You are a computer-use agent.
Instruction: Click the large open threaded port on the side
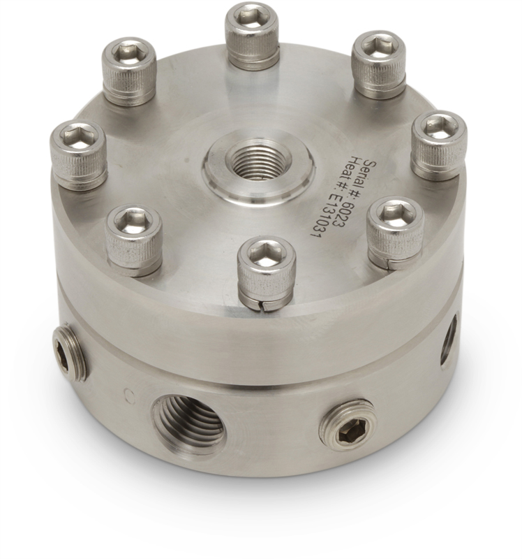pyautogui.click(x=188, y=423)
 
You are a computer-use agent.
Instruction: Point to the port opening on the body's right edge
pyautogui.click(x=448, y=340)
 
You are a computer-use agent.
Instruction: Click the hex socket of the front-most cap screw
pyautogui.click(x=267, y=254)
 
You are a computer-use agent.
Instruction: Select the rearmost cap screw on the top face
pyautogui.click(x=252, y=35)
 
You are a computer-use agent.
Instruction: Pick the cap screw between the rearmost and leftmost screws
pyautogui.click(x=129, y=71)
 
